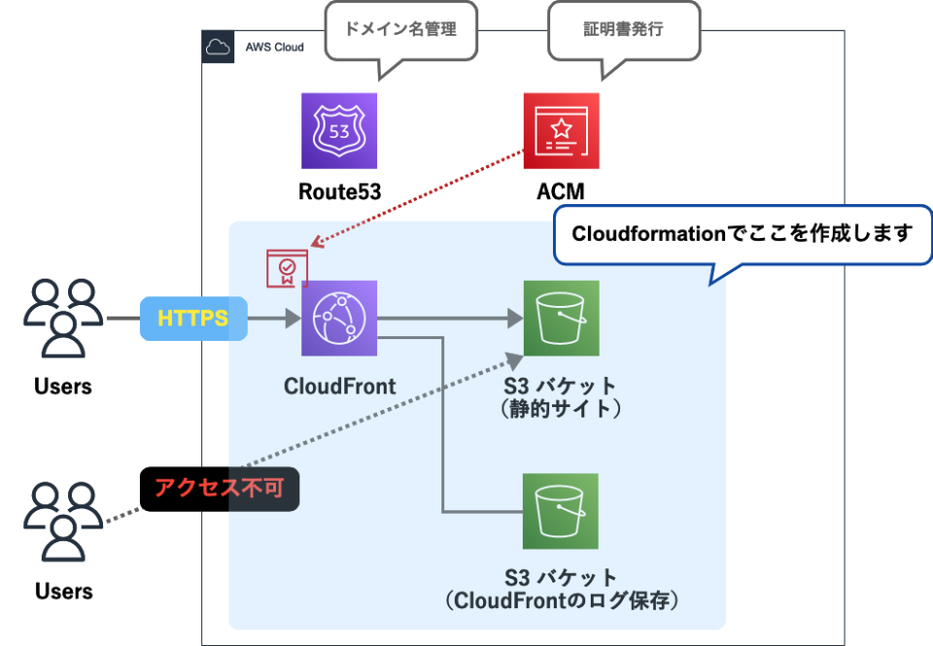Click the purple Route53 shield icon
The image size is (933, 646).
click(338, 131)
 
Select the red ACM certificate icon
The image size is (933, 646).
click(561, 131)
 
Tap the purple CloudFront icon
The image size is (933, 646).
click(338, 319)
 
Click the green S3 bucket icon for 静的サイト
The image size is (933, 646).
click(561, 319)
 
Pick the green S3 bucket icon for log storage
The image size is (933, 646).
click(561, 511)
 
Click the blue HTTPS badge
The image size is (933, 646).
click(193, 319)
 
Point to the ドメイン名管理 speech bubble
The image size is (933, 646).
click(401, 29)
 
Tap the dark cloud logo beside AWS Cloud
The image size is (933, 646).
click(218, 47)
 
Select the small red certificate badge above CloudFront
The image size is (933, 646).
click(287, 269)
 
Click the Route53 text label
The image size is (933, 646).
click(338, 191)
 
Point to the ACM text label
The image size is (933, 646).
click(561, 191)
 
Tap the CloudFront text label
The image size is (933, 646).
click(339, 386)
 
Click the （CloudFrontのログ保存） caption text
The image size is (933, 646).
click(561, 601)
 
